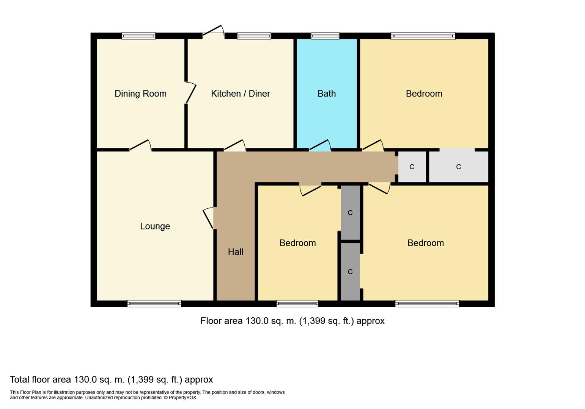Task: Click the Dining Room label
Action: pos(140,94)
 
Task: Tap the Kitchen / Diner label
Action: pos(240,94)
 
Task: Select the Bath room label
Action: pos(327,94)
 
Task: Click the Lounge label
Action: pos(155,226)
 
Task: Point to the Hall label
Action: pos(236,252)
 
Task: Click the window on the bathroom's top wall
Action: pos(325,36)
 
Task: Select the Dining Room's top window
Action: pos(138,36)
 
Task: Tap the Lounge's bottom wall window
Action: pos(154,303)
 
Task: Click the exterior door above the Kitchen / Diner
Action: pos(213,32)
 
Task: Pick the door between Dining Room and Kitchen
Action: pos(190,93)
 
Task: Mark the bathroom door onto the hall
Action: pos(320,146)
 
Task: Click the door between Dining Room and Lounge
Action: pos(140,146)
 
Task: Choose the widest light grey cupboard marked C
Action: pos(458,167)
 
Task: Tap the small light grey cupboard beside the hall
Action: pos(412,167)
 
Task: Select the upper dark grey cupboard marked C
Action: pos(350,212)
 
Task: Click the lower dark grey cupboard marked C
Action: pos(350,272)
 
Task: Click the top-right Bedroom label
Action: pos(424,94)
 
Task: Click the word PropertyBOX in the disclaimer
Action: pos(182,398)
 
